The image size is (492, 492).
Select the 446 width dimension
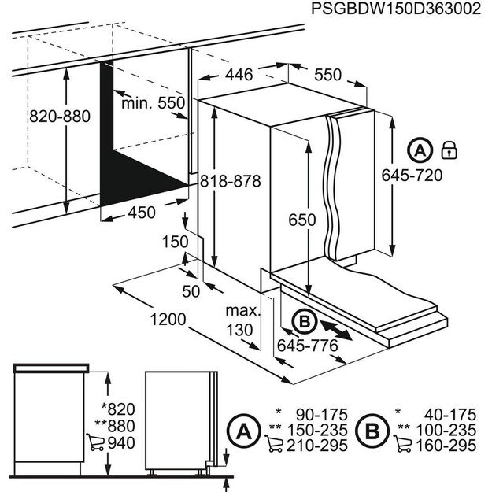point(238,75)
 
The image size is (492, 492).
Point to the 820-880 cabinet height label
point(60,117)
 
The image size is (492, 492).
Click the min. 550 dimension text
point(153,103)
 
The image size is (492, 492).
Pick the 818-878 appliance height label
point(230,180)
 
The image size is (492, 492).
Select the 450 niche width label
point(142,213)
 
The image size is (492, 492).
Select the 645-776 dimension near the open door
point(307,346)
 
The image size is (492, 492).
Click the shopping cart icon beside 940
point(94,442)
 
